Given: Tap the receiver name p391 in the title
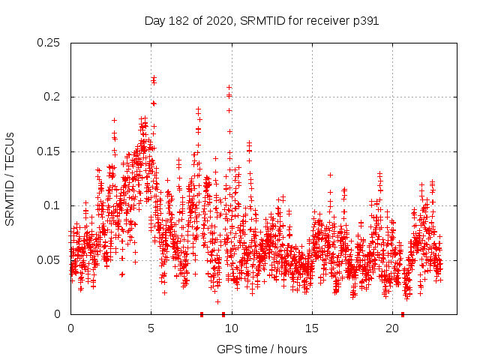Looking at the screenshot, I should coord(364,21).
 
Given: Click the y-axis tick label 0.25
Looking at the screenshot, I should coord(49,43).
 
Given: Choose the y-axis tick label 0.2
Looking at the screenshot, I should coord(52,97).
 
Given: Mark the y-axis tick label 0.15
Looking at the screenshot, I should coord(49,151).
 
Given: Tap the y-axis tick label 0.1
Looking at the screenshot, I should coord(52,205).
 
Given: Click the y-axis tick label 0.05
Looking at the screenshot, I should coord(49,260).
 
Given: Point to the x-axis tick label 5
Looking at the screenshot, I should coord(151,328).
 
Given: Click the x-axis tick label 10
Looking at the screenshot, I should coord(232,328).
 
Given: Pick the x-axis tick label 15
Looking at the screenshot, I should coord(312,328).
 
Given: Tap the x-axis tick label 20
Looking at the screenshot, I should coord(392,328).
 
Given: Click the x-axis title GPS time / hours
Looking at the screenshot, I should coord(262,349).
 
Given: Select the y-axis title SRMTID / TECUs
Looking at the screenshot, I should coord(10,178).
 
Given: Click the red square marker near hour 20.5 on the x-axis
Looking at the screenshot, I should coord(403,313).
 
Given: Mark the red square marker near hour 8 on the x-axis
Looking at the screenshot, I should coord(202,313).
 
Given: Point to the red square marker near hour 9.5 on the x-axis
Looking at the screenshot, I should coord(223,313).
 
